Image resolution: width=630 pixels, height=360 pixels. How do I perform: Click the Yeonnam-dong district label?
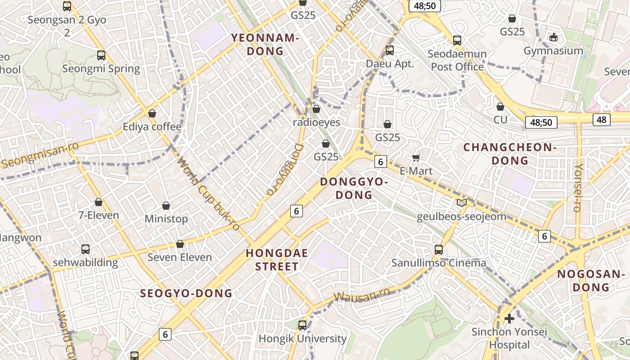tap(265, 45)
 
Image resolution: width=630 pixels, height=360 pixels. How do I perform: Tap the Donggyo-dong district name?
tap(354, 188)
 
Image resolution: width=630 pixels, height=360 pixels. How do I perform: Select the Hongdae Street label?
tap(277, 260)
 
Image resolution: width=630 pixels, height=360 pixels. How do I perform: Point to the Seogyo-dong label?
tap(186, 293)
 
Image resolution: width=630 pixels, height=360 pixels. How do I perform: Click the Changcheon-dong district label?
tap(510, 154)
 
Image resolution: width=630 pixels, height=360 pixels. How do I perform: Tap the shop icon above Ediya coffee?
tap(152, 113)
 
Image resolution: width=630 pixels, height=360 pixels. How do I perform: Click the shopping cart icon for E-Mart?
tap(416, 157)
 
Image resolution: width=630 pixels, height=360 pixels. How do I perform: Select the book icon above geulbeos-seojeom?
tap(461, 202)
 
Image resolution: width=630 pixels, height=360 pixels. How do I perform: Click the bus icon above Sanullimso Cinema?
tap(439, 249)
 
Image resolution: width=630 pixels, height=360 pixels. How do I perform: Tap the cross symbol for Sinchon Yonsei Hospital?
tap(509, 319)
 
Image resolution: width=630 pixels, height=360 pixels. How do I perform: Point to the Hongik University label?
tap(302, 338)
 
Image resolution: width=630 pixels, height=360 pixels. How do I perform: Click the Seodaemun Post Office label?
tap(457, 60)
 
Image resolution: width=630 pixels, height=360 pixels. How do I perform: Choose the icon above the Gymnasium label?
tap(553, 37)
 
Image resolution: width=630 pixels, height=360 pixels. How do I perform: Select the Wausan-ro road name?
tap(362, 297)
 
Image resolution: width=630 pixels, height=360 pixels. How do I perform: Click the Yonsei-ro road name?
tap(578, 188)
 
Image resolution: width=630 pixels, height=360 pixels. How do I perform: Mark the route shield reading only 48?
tap(602, 119)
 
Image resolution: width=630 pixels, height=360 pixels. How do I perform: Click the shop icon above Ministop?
tap(166, 206)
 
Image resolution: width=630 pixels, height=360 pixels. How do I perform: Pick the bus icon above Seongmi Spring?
tap(101, 55)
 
